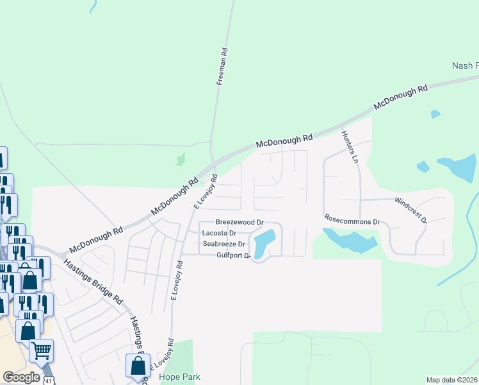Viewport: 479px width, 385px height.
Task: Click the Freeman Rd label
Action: coord(222,67)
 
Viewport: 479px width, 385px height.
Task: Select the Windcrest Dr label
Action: coord(410,210)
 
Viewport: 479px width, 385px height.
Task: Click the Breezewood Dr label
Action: coord(239,221)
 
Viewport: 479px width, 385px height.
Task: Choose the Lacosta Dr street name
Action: coord(219,233)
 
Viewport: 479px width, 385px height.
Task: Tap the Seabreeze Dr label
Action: coord(223,244)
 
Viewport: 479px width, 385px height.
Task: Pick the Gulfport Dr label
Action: coord(232,255)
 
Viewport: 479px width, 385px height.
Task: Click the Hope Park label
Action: coord(175,377)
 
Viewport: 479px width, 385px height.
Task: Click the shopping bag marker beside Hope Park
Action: coord(138,366)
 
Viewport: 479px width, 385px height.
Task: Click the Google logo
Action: coord(21,377)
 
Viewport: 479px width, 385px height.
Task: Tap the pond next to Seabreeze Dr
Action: coord(264,244)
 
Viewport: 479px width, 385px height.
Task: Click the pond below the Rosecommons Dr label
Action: coord(351,242)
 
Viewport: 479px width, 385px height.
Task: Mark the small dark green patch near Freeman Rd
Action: coord(181,158)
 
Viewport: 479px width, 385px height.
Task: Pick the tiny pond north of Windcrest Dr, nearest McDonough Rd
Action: coord(435,114)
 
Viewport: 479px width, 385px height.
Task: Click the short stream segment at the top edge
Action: coord(93,6)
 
